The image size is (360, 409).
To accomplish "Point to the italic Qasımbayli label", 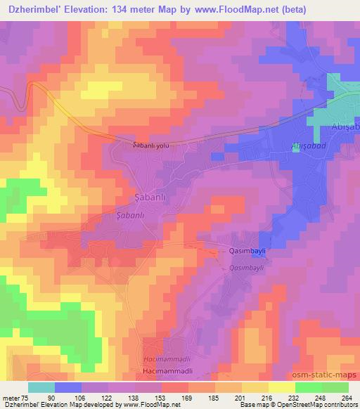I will tap(246, 268).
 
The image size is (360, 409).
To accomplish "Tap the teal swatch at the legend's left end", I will tap(41, 387).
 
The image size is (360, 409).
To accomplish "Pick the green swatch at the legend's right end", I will tap(335, 387).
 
